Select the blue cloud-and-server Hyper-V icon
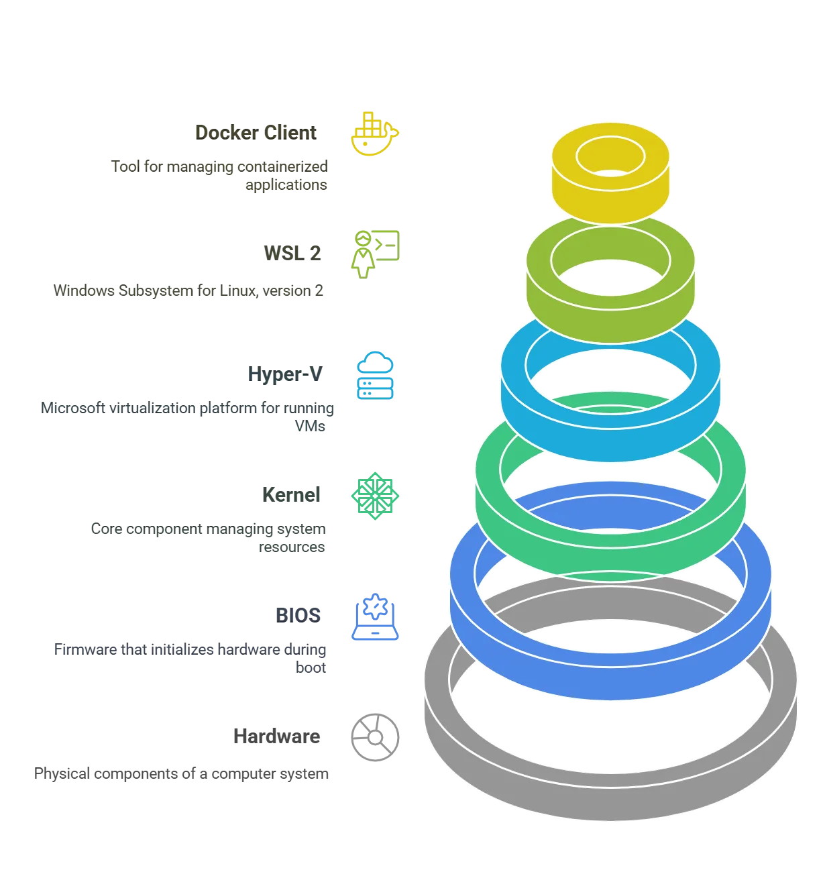tap(376, 376)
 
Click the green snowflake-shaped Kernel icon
tap(375, 495)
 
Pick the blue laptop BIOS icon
tap(376, 617)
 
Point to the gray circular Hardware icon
tap(375, 737)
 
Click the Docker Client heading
tap(255, 132)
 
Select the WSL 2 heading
tap(292, 253)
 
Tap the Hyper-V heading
tap(285, 374)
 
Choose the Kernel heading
tap(292, 495)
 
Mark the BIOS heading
tap(298, 615)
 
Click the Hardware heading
tap(276, 736)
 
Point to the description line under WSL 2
tap(188, 292)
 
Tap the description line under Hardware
tap(181, 775)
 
